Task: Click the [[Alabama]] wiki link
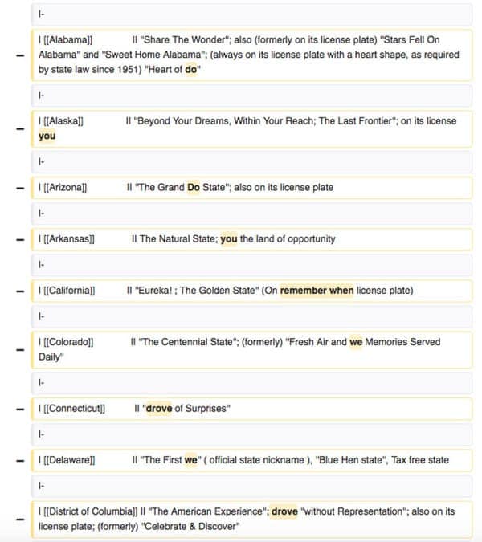tap(68, 39)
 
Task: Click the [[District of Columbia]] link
tap(92, 511)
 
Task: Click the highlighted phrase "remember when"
tap(317, 291)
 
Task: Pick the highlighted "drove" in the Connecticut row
tap(159, 409)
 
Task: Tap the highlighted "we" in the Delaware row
tap(190, 460)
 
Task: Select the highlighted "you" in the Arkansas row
tap(229, 239)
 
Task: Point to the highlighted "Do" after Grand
tap(194, 188)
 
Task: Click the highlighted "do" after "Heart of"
tap(190, 70)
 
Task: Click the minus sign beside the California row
tap(19, 291)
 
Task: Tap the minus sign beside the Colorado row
tap(19, 349)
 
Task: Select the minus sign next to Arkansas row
tap(19, 239)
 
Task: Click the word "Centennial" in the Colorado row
tap(182, 342)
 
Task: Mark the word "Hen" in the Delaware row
tap(354, 460)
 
